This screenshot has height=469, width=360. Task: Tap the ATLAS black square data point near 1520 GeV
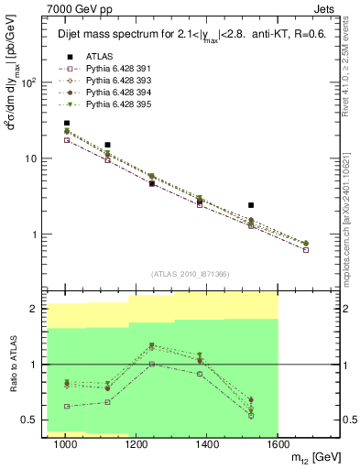(x=251, y=205)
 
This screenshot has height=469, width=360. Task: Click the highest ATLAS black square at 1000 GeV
(x=66, y=123)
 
